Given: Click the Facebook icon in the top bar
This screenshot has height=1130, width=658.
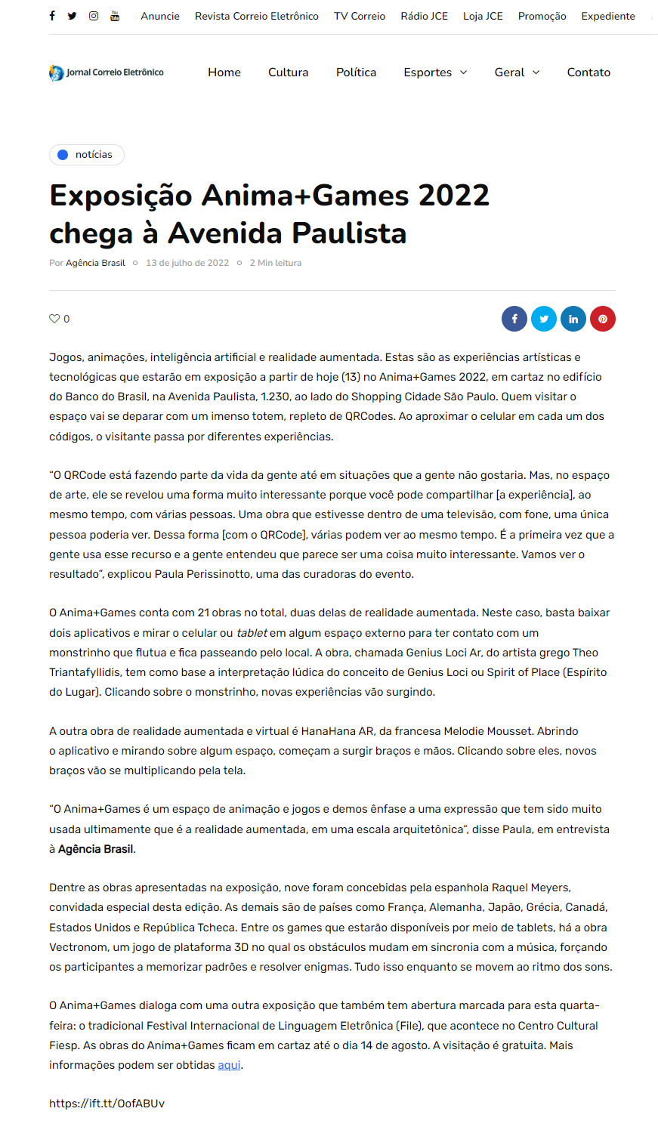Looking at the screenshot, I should [52, 16].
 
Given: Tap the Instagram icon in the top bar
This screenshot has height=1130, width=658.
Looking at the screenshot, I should [94, 16].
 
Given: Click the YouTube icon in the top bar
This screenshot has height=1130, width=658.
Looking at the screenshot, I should [115, 16].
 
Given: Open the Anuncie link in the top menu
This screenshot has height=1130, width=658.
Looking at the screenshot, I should [160, 16].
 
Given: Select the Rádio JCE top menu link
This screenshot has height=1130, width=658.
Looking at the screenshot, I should [424, 16].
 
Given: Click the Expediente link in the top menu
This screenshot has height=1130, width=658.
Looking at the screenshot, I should [608, 16].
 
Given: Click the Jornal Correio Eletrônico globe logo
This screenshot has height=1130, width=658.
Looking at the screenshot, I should [57, 73].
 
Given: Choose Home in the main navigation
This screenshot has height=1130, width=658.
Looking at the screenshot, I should [224, 73].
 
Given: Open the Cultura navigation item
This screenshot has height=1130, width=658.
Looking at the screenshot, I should [288, 73].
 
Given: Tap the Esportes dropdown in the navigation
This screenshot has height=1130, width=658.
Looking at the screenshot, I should [435, 73].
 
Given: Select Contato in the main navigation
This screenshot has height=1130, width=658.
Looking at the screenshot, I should [588, 73].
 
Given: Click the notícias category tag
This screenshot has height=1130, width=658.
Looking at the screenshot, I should [87, 155].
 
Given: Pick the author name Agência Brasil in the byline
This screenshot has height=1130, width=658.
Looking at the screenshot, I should [95, 263].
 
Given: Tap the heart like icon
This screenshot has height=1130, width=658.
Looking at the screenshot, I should [54, 319].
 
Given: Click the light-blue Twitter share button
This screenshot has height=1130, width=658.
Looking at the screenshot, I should [544, 319].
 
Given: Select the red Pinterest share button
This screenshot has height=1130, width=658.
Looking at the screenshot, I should [603, 319].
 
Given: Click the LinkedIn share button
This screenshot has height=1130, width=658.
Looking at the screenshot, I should [573, 319].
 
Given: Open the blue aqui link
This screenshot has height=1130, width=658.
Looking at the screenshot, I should [229, 1065].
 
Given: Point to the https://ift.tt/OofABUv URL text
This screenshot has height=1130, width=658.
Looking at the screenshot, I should [107, 1104].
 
